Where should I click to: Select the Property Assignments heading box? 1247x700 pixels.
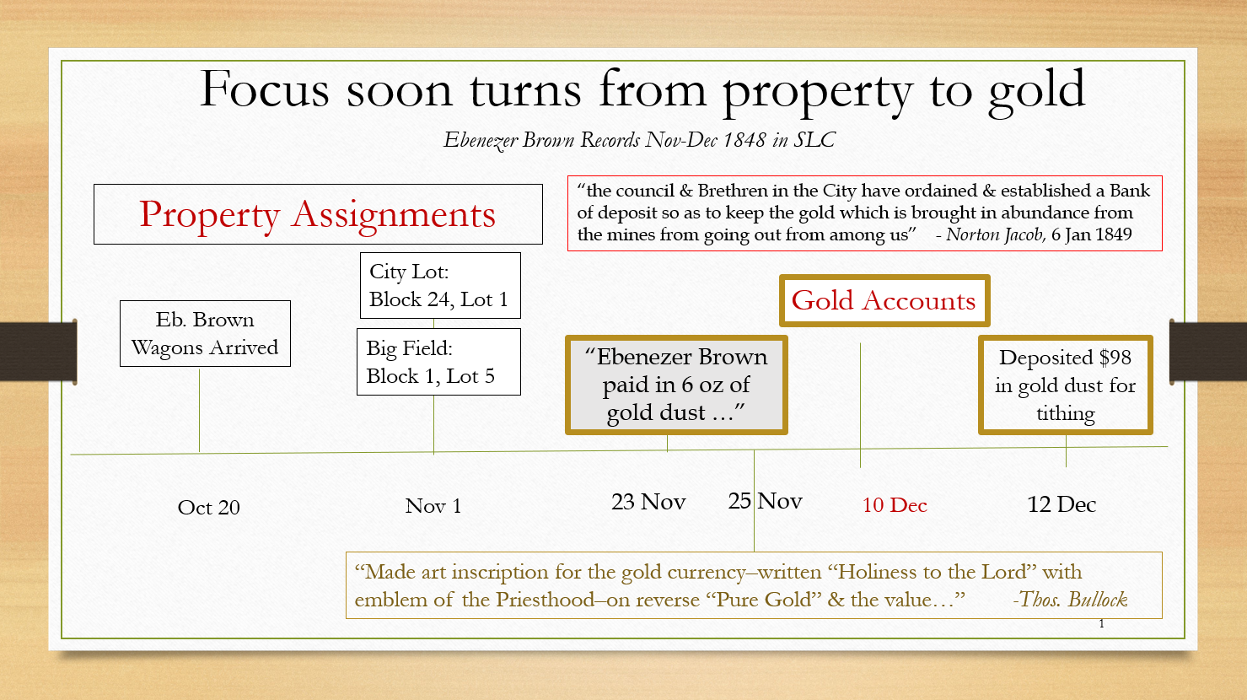pyautogui.click(x=318, y=214)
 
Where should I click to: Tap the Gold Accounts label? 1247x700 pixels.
pyautogui.click(x=884, y=301)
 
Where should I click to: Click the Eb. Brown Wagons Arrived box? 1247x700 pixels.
pyautogui.click(x=205, y=334)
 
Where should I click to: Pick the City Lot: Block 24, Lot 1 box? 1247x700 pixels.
pyautogui.click(x=440, y=286)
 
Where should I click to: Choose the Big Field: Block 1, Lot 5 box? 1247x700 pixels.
pyautogui.click(x=438, y=362)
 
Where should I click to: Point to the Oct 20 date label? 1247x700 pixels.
pyautogui.click(x=209, y=508)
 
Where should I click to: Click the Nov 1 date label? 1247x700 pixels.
pyautogui.click(x=433, y=506)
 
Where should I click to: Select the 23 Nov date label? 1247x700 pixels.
pyautogui.click(x=648, y=502)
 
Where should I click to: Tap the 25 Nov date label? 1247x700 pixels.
pyautogui.click(x=766, y=501)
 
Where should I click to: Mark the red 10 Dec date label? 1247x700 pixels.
pyautogui.click(x=895, y=505)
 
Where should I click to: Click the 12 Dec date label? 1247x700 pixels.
pyautogui.click(x=1062, y=504)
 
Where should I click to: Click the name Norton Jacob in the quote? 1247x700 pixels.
pyautogui.click(x=996, y=234)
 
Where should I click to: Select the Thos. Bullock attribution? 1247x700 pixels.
pyautogui.click(x=1070, y=599)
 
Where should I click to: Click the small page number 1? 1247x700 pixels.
pyautogui.click(x=1102, y=624)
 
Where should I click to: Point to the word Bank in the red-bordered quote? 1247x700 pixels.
pyautogui.click(x=1130, y=191)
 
